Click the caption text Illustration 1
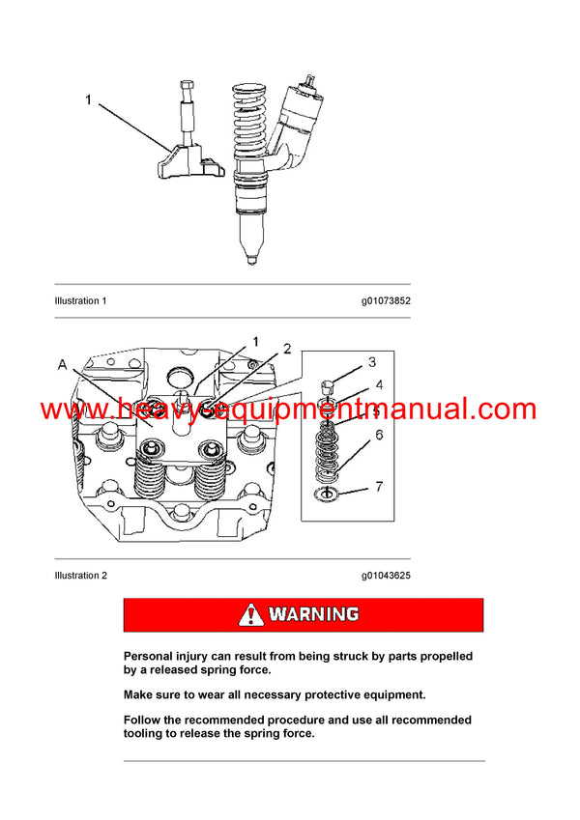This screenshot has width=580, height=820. (80, 300)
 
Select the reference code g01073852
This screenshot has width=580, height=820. (386, 300)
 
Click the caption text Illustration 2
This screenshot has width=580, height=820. (80, 576)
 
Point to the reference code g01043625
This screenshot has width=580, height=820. (386, 576)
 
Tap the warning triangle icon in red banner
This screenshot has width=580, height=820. (251, 614)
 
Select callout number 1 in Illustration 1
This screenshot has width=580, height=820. (88, 99)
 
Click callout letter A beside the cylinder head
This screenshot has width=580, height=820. (63, 365)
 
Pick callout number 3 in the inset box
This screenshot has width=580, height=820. (371, 362)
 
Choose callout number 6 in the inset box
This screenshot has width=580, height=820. (378, 435)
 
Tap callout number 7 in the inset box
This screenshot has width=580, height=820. (378, 487)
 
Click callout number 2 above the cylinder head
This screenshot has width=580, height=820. (286, 348)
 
